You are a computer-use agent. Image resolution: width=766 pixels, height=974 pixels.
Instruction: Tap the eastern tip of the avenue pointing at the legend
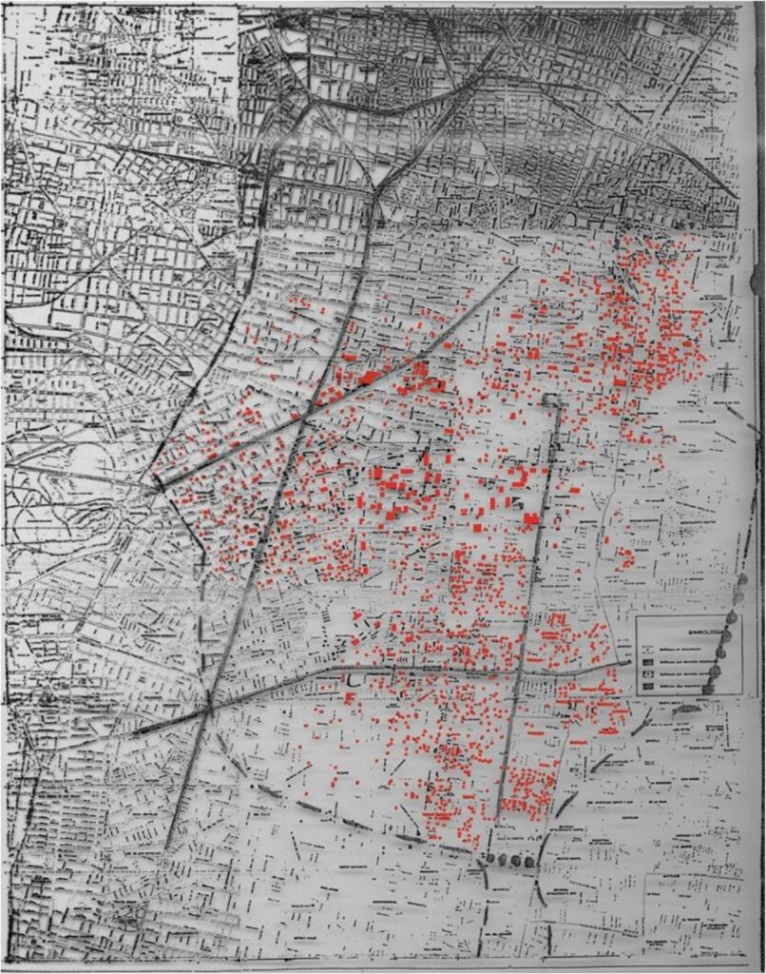[628, 663]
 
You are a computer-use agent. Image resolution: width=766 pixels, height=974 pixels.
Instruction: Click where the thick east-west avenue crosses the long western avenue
[208, 709]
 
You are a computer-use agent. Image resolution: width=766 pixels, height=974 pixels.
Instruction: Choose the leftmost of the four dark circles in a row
[487, 859]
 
